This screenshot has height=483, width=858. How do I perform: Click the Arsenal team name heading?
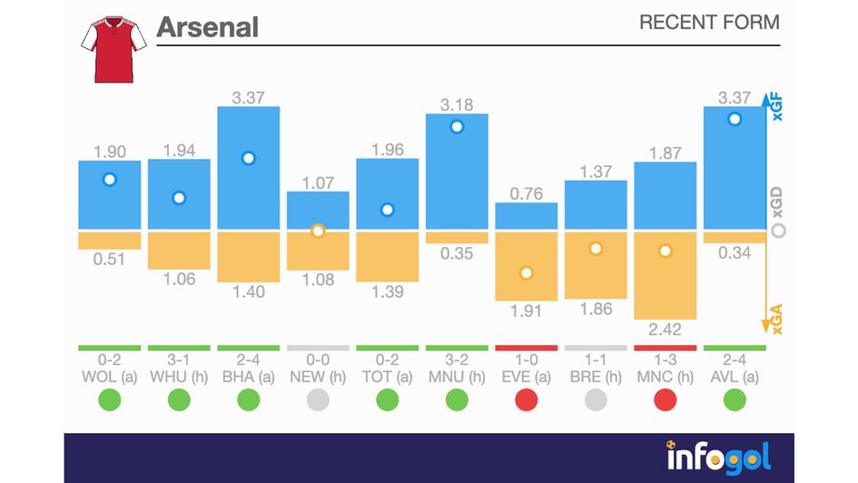click(x=208, y=26)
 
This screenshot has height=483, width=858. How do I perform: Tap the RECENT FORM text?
click(x=709, y=23)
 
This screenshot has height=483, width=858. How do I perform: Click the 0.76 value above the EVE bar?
click(x=527, y=192)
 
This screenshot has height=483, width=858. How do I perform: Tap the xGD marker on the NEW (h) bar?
click(x=318, y=231)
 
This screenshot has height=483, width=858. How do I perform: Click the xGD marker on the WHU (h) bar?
click(x=179, y=198)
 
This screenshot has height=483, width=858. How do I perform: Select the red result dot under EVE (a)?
click(x=527, y=399)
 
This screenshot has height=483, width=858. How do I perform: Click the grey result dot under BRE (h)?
click(x=596, y=399)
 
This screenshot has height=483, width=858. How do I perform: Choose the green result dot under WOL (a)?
click(x=110, y=399)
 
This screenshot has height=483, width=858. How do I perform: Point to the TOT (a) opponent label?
click(x=388, y=377)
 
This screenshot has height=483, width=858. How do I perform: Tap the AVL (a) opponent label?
click(x=735, y=377)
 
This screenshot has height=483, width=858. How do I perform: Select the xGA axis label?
click(x=777, y=317)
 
